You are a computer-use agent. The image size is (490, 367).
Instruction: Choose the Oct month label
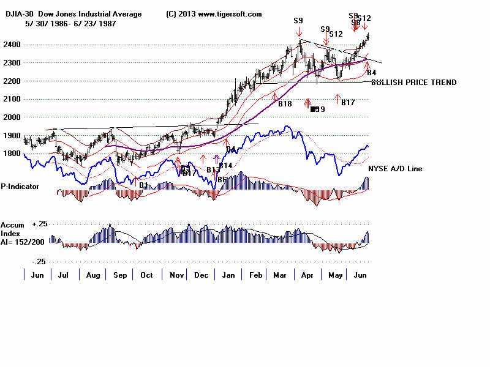click(146, 276)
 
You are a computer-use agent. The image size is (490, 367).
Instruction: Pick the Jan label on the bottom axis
click(228, 276)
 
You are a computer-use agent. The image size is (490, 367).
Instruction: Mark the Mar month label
click(281, 276)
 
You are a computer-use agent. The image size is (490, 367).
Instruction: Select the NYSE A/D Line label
click(394, 168)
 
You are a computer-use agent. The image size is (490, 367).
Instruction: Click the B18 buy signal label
click(285, 104)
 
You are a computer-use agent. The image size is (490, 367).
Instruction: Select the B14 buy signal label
click(225, 166)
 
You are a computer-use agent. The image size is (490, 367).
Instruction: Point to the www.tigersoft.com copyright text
click(230, 14)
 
